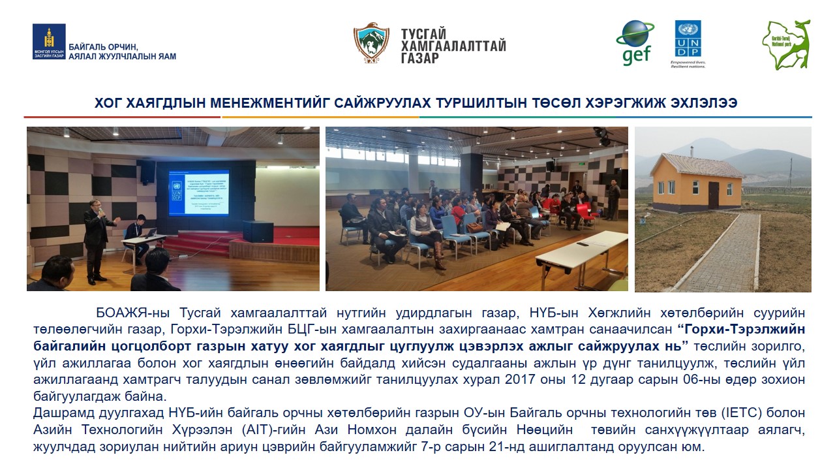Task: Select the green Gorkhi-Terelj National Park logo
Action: point(786,44)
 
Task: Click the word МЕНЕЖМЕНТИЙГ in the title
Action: point(261,103)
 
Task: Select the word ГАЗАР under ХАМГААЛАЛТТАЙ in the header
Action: point(420,58)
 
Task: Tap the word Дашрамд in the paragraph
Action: point(58,413)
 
